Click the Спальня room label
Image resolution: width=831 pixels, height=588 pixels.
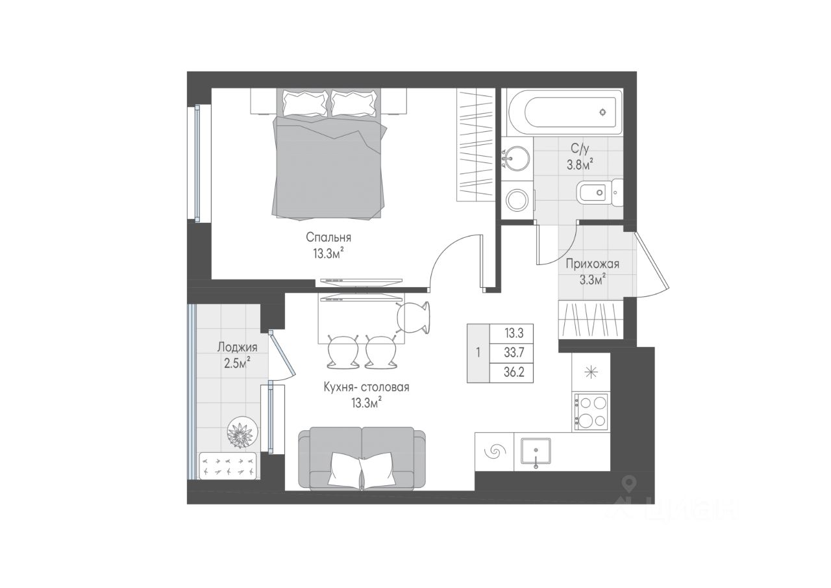point(329,237)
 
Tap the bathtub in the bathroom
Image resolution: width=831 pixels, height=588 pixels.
point(565,112)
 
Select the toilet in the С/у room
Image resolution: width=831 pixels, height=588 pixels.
point(599,193)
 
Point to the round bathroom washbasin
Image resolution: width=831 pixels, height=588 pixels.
point(517,159)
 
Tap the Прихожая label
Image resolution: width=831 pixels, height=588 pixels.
point(593,264)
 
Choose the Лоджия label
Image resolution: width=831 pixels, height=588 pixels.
point(237,348)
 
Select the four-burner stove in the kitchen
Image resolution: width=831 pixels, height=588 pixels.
point(591,412)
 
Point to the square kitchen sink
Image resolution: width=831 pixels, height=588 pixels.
point(536,452)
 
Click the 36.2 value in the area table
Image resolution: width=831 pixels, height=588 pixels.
point(514,372)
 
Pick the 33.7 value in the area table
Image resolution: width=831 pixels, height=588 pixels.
point(514,352)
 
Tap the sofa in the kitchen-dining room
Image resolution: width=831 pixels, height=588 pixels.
point(362,458)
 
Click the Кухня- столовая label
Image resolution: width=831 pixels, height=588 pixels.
point(367,387)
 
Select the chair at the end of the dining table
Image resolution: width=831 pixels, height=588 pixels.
point(414,317)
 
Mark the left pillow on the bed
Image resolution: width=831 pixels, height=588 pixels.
point(306,103)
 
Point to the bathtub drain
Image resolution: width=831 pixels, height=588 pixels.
point(603,112)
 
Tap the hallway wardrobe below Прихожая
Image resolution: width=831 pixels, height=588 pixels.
point(591,320)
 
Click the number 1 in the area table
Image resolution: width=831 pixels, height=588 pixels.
point(478,352)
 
